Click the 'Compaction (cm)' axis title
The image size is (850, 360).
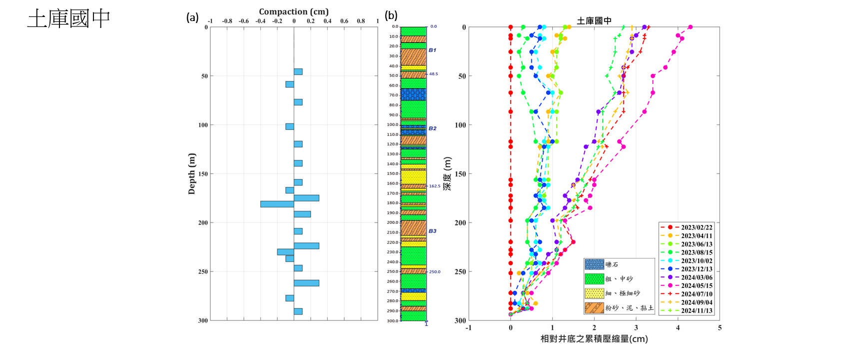[x=293, y=11]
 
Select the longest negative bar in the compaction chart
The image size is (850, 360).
[x=277, y=204]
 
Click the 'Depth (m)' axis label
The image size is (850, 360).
[x=192, y=173]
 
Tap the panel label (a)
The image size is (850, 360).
[x=192, y=18]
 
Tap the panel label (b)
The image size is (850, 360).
[x=391, y=15]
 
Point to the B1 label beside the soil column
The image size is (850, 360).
[x=432, y=50]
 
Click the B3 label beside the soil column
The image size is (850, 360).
[x=432, y=231]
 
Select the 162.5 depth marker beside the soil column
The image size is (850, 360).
[x=434, y=186]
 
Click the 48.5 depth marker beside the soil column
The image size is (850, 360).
[x=433, y=74]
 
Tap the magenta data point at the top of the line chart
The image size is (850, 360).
[x=690, y=27]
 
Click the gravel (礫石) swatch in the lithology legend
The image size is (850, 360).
[x=594, y=264]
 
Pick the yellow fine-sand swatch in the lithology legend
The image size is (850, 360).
[x=594, y=293]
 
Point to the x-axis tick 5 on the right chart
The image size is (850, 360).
[x=720, y=328]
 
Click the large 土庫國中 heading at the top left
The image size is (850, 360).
[x=69, y=19]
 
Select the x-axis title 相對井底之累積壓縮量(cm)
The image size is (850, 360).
[x=594, y=339]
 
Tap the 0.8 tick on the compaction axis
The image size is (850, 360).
[x=361, y=21]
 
